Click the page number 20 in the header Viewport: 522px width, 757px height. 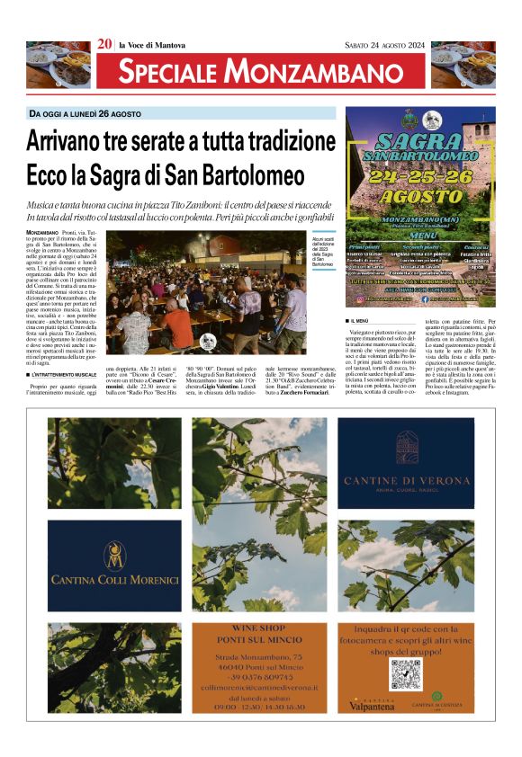104,43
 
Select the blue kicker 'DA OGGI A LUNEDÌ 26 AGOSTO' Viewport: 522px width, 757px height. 85,114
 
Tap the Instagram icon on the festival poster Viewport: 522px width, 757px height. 361,298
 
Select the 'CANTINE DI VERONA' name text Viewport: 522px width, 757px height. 406,481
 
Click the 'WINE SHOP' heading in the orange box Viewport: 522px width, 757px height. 258,626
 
